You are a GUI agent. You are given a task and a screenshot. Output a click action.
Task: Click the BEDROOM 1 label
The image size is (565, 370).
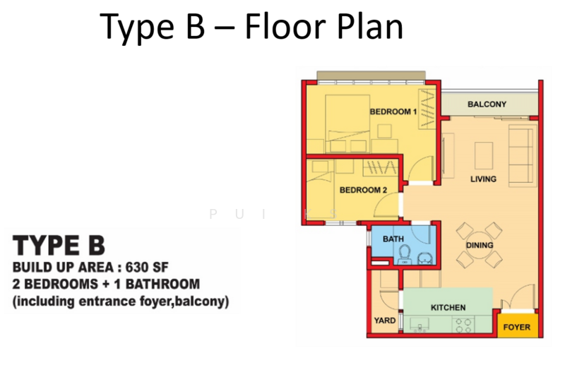pos(393,112)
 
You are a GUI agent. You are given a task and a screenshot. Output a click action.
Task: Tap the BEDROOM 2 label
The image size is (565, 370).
pos(364,189)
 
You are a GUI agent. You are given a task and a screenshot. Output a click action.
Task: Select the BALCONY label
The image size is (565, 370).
pos(487,105)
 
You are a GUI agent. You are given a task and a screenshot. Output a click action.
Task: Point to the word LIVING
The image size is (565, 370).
pos(484,179)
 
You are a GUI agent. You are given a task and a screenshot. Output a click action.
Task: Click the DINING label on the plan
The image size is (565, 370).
pos(480,245)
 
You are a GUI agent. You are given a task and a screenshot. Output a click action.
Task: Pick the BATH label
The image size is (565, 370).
pos(393,239)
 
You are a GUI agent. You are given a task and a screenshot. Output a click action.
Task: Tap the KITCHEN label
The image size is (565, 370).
pos(448,307)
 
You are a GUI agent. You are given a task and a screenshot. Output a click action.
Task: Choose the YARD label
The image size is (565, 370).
pos(385,321)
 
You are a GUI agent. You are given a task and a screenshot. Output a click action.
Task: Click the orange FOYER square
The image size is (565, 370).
pos(516,327)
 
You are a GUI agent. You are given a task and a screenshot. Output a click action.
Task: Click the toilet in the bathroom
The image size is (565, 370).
pos(405,253)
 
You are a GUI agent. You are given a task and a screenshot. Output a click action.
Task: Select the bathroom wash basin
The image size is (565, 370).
pos(424,258)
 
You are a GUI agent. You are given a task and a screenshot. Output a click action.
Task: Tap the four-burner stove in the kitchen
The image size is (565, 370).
pos(462,325)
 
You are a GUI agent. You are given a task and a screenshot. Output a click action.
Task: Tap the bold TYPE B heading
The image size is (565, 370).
pos(59,245)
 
